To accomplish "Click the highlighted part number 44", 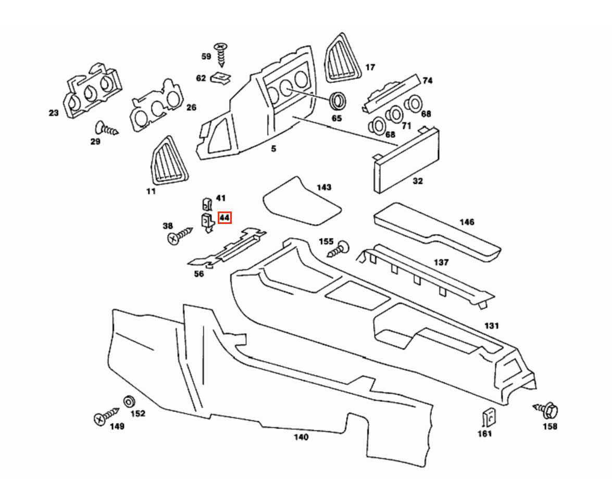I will coord(224,217).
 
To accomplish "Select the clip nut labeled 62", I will coord(221,79).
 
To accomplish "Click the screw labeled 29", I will coord(106,128).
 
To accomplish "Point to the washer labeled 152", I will coord(129,402).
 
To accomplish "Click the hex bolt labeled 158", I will coord(546,411).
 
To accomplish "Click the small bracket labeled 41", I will coord(206,203).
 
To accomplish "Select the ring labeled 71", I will coord(395,114).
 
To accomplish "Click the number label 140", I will coord(301,437).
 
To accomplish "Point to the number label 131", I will coord(491,325).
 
